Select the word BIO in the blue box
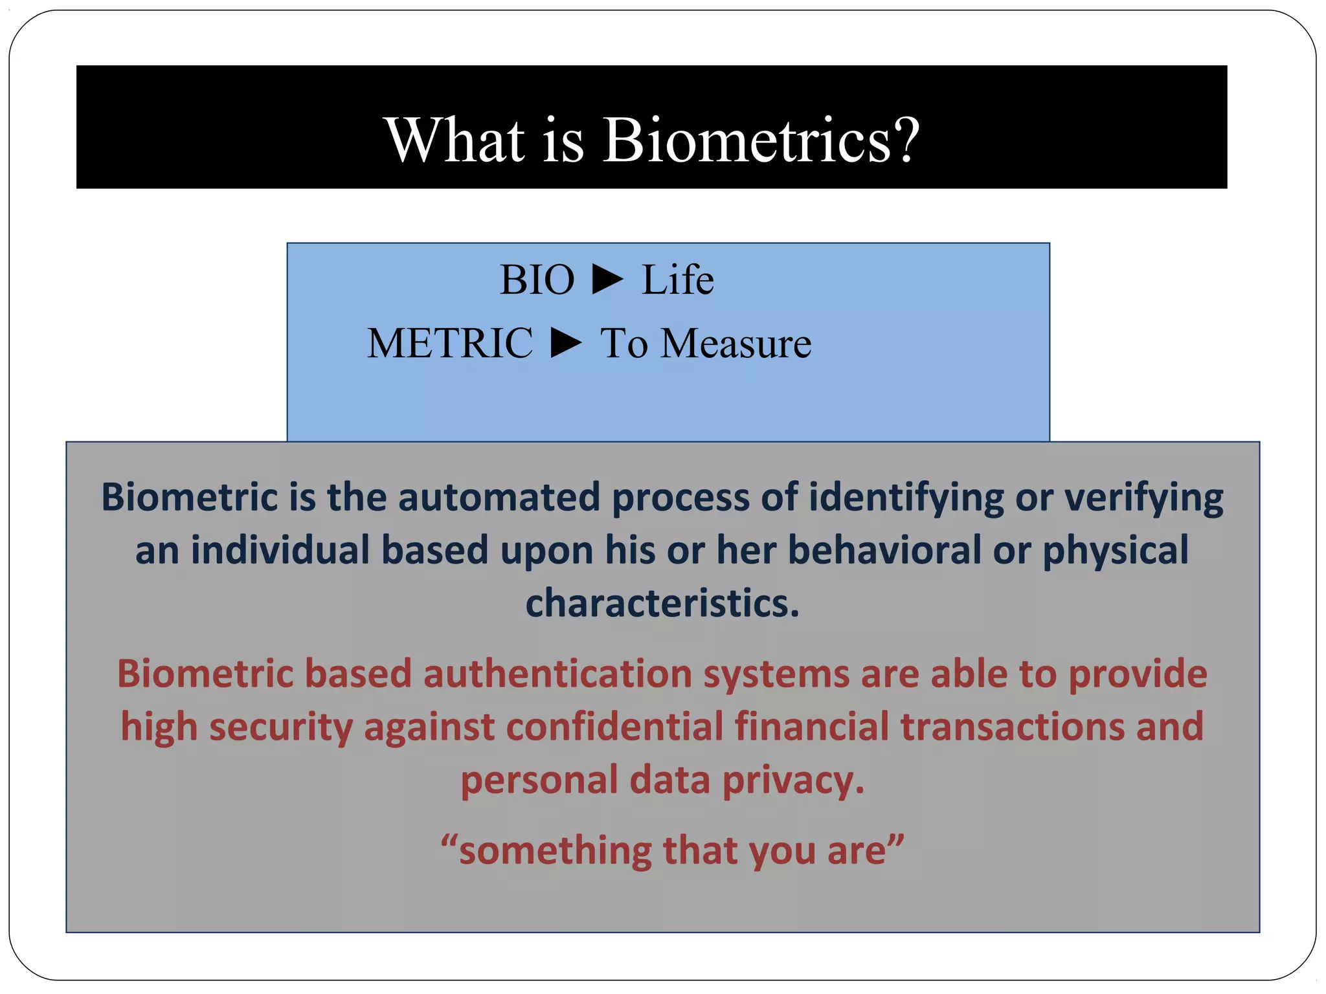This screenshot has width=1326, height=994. [537, 280]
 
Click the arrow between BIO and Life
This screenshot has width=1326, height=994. [607, 280]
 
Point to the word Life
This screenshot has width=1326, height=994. [677, 280]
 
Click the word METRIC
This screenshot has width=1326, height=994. [450, 343]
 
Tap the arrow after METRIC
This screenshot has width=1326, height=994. [567, 343]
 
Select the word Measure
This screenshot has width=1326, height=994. [736, 343]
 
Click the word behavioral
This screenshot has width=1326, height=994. [884, 550]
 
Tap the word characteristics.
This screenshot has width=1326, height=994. [662, 603]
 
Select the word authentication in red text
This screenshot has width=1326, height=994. [557, 674]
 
